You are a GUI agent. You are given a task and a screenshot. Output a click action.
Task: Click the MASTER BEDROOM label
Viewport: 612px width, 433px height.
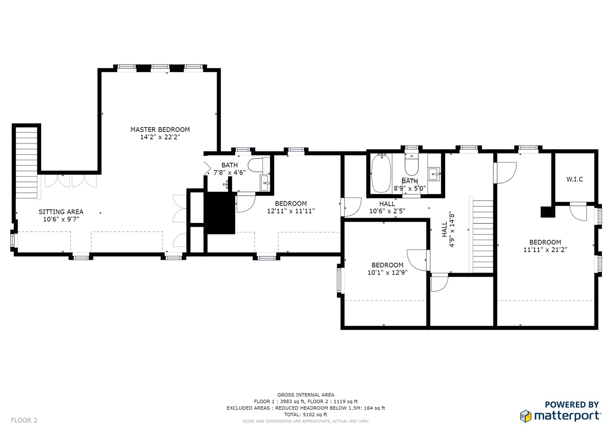tap(160, 130)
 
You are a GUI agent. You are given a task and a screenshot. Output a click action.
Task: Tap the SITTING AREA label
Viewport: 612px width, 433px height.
tap(61, 212)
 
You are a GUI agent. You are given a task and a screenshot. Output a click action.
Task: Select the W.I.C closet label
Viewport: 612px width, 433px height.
tap(575, 179)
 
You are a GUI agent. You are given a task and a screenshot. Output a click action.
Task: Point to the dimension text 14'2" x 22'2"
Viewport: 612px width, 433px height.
tap(160, 137)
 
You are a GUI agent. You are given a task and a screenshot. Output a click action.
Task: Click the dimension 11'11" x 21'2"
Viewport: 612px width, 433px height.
tap(545, 250)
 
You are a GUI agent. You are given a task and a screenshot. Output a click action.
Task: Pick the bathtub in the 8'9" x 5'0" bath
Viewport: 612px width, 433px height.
tap(382, 174)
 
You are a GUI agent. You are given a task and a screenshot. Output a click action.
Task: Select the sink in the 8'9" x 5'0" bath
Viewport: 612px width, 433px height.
tap(434, 174)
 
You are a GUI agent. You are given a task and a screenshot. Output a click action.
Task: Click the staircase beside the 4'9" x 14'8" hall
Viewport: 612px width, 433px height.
tap(483, 236)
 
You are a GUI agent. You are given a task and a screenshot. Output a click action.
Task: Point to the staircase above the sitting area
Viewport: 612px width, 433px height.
tap(26, 163)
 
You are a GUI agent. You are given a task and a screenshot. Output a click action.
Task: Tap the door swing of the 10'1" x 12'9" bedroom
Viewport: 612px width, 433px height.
tap(417, 260)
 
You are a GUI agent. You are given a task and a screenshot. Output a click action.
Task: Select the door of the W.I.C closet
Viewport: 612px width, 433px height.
tap(579, 211)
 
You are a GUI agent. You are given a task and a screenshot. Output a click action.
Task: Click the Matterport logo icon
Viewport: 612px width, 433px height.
tap(525, 416)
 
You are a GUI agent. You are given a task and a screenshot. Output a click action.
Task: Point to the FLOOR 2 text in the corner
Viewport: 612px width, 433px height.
tap(24, 420)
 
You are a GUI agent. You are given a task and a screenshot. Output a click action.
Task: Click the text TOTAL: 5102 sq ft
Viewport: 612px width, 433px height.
tap(306, 414)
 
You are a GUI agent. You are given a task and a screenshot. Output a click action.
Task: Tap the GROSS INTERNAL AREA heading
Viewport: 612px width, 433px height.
tap(306, 395)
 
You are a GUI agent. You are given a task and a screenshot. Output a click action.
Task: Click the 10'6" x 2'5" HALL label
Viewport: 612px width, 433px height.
tap(387, 207)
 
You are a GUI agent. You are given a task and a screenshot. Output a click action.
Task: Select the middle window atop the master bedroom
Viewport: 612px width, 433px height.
tap(160, 67)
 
